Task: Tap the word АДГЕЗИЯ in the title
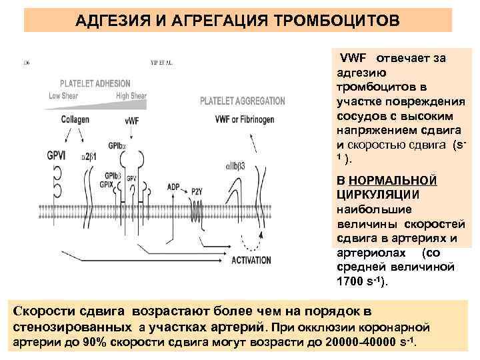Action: click(x=109, y=19)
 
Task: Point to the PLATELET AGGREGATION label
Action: click(x=242, y=101)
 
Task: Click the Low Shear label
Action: click(x=63, y=96)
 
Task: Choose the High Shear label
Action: click(x=131, y=96)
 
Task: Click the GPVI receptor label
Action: click(x=37, y=153)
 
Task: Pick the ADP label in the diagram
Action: click(x=173, y=187)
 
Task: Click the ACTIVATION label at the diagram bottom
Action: click(x=251, y=260)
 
